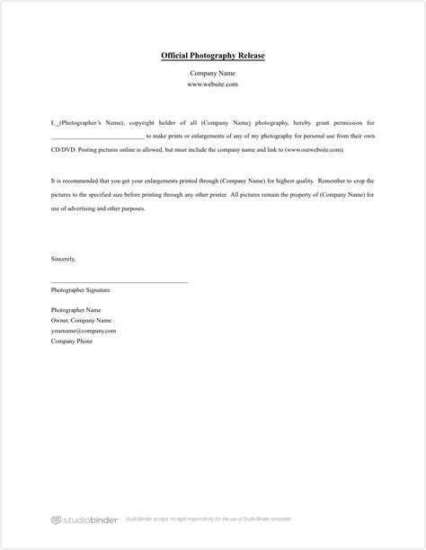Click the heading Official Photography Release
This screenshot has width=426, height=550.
tap(213, 56)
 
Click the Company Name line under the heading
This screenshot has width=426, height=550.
tap(213, 73)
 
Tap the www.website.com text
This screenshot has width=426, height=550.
tap(213, 84)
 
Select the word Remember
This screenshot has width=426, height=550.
tap(322, 181)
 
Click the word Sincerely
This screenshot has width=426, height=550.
tap(64, 259)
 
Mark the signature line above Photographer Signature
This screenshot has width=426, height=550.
tap(120, 282)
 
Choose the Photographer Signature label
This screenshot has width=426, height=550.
tap(81, 290)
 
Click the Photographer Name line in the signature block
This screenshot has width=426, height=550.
tap(76, 310)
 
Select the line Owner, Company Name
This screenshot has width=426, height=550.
tap(81, 320)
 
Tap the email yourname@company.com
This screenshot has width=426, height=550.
tap(84, 331)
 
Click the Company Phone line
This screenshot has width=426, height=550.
tap(72, 342)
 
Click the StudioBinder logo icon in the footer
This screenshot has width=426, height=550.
tap(56, 519)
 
